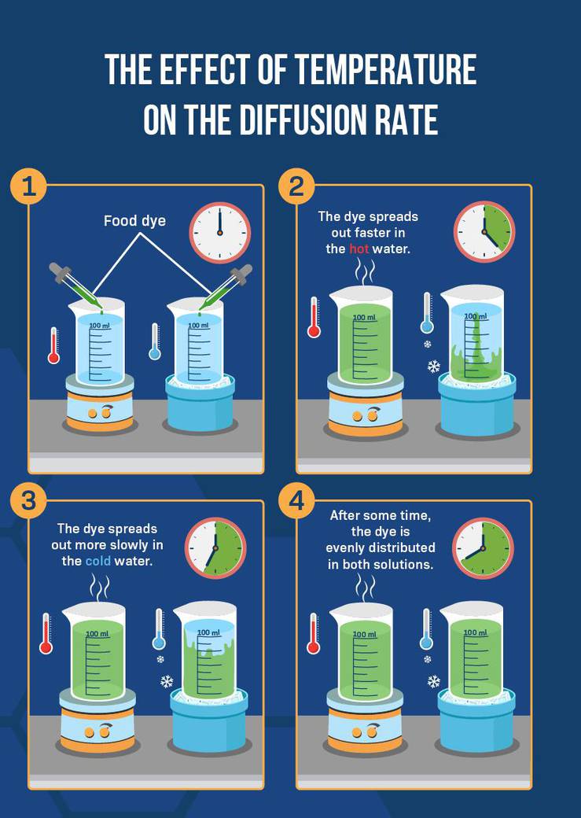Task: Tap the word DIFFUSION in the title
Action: [x=309, y=120]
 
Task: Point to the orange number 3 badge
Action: [x=28, y=502]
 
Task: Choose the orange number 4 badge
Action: [x=296, y=502]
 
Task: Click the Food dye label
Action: [x=134, y=221]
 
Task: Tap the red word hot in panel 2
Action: [x=359, y=249]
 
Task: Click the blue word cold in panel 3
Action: [x=98, y=562]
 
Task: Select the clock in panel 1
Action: [x=219, y=233]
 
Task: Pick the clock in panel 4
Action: [x=483, y=548]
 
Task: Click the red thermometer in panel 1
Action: [x=53, y=345]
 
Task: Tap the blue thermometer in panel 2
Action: [x=427, y=313]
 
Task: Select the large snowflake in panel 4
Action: [x=433, y=681]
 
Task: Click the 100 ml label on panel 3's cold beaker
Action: [x=208, y=632]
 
